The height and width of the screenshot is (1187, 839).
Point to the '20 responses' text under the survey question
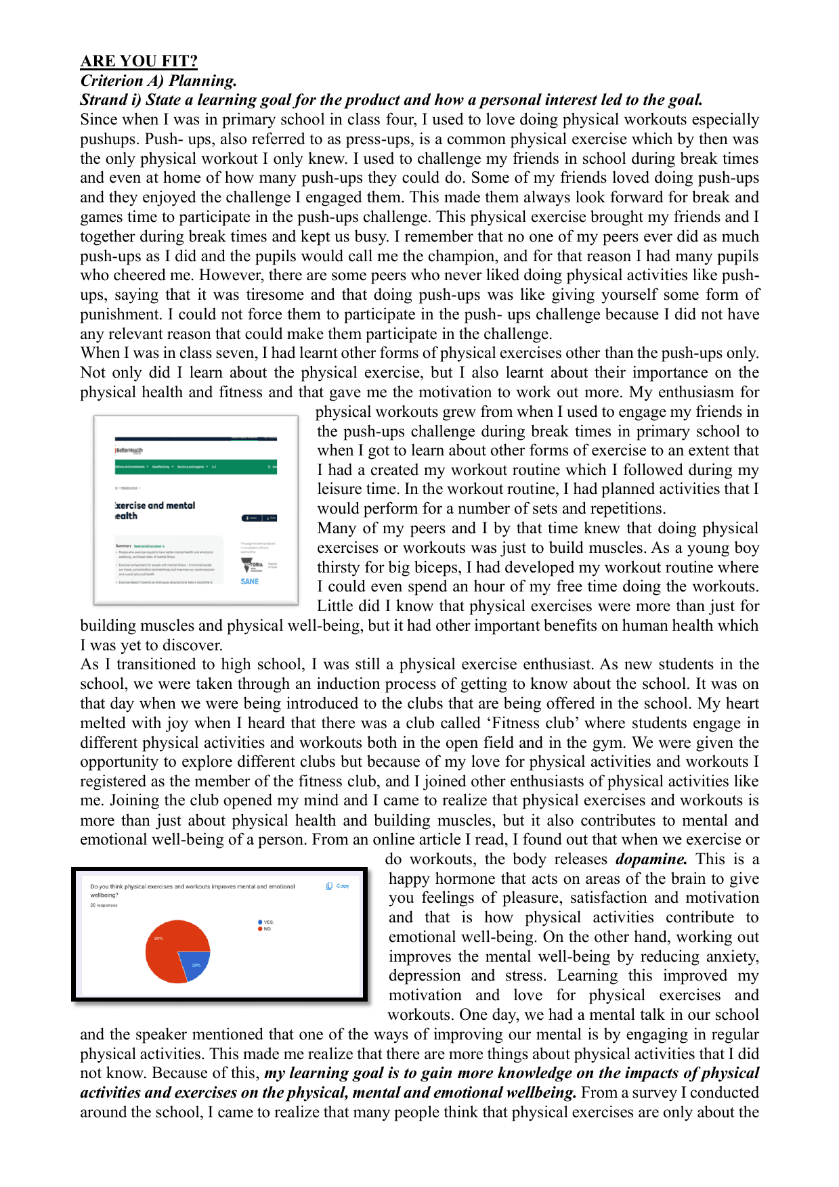tap(104, 905)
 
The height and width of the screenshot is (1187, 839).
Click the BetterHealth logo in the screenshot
tap(129, 450)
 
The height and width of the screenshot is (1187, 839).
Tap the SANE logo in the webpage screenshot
tap(249, 581)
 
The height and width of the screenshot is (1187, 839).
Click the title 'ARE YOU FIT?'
tap(139, 61)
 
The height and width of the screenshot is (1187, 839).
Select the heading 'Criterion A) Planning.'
tap(158, 81)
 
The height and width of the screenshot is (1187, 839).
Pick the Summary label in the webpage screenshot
tap(123, 545)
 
